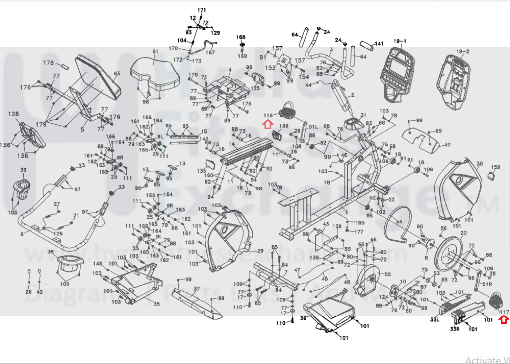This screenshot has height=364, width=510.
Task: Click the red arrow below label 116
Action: pos(268,125)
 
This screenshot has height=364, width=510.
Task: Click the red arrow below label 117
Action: pos(504,319)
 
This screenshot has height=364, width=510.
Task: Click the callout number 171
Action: pos(202,10)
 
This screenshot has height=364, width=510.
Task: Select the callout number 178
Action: pos(48,63)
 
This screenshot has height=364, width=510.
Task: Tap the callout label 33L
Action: pos(434,319)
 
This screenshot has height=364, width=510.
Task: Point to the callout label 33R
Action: pos(455,329)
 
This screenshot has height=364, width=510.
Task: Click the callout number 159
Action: pos(496,167)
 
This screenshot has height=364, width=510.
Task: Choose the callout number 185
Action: pos(360,223)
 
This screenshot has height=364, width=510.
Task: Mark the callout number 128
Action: pos(13,114)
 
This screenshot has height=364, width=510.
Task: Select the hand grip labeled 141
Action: pos(367,46)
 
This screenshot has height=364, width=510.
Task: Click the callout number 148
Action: pos(97,264)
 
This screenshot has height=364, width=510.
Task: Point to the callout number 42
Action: pos(39,291)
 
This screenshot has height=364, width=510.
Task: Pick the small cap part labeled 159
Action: pos(491,176)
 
